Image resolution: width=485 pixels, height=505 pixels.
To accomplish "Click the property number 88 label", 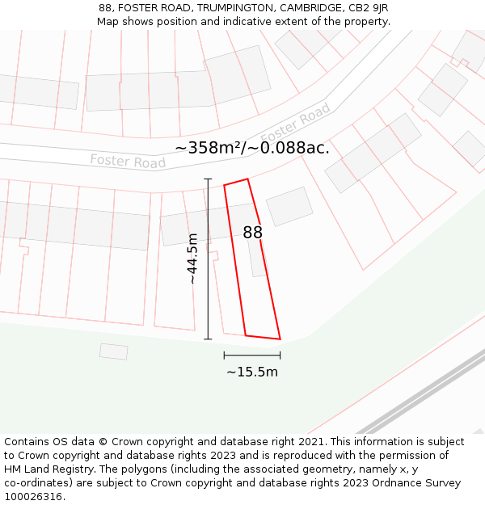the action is [253, 233].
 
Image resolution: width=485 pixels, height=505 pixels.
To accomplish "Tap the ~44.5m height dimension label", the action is [192, 259].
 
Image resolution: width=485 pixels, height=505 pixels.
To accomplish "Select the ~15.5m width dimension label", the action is [252, 372].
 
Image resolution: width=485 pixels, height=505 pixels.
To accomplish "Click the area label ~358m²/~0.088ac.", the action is [252, 148].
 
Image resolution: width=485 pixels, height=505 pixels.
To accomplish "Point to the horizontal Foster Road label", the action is [128, 161].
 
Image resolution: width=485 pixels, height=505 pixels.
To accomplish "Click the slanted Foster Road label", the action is [296, 124].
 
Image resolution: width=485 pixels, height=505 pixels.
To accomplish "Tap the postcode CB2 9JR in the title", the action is [369, 8].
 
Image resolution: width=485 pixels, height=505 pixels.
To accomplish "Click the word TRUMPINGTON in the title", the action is [235, 8].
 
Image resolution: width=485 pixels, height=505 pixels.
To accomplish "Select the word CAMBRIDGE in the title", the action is [309, 8].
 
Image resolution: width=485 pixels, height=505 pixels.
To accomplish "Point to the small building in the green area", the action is [114, 351].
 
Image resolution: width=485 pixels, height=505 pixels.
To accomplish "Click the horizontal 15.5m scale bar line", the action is [252, 355].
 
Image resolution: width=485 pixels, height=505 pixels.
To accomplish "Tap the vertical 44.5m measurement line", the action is [208, 259].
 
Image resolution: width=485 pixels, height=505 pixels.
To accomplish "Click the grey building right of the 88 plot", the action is [289, 206].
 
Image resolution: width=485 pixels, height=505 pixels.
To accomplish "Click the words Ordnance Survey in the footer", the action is [420, 483].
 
